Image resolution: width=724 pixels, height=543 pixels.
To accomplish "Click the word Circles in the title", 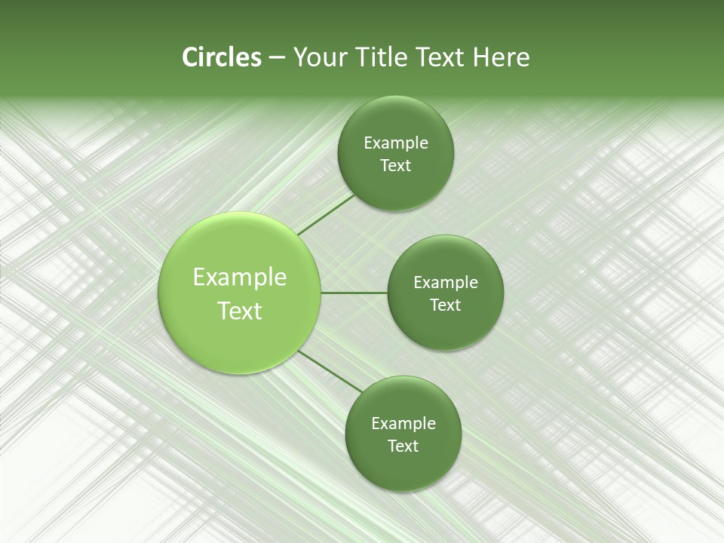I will [x=221, y=57].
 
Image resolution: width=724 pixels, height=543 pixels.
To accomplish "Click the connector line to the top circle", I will [x=326, y=214].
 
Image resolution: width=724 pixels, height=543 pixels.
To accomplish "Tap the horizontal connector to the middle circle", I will [x=354, y=293].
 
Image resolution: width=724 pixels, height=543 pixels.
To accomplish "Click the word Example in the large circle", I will [x=240, y=278].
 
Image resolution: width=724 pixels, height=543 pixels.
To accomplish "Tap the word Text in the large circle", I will [x=240, y=311].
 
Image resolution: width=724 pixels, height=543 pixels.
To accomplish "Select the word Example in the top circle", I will [x=396, y=143].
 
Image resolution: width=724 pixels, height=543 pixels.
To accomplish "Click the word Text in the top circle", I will [x=396, y=166].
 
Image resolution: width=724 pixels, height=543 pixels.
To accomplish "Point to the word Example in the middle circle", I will [x=446, y=283].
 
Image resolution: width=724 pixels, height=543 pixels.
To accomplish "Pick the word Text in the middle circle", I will [x=446, y=305].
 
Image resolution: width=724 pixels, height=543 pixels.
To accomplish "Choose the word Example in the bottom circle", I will [x=403, y=424].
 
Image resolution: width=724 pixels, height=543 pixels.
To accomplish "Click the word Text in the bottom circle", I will [x=403, y=446].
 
